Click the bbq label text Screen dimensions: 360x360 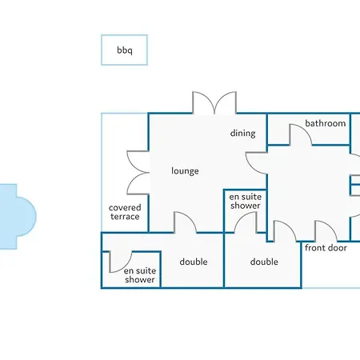tap(125, 50)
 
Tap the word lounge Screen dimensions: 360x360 tap(185, 171)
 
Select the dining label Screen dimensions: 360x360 tap(242, 133)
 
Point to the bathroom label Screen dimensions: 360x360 tap(326, 123)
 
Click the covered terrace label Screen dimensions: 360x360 tap(125, 212)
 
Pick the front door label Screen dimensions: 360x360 tap(326, 248)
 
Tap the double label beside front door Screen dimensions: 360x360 tap(264, 262)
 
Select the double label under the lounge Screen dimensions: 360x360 tap(194, 262)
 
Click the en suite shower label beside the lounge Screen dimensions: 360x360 tap(246, 201)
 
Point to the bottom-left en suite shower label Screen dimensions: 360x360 tap(140, 275)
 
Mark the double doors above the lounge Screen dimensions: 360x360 tap(214, 102)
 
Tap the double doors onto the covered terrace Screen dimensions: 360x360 tap(138, 173)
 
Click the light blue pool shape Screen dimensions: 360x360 tap(18, 217)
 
